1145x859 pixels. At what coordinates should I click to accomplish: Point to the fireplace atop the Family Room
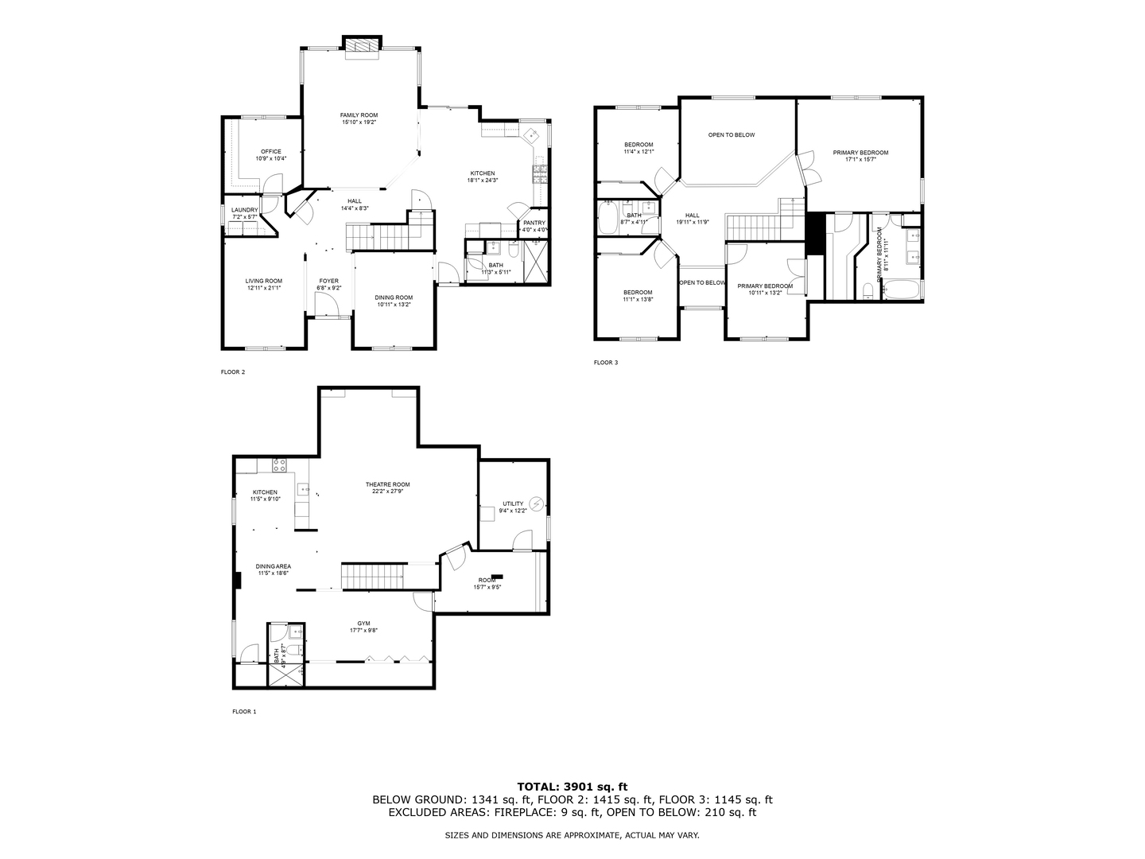point(362,46)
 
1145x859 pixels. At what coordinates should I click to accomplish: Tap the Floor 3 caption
point(605,363)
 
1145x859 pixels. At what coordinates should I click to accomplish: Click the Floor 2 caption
point(232,371)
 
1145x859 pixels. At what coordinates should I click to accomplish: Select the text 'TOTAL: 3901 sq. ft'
point(572,786)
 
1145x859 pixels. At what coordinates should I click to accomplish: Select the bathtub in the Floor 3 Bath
point(610,216)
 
